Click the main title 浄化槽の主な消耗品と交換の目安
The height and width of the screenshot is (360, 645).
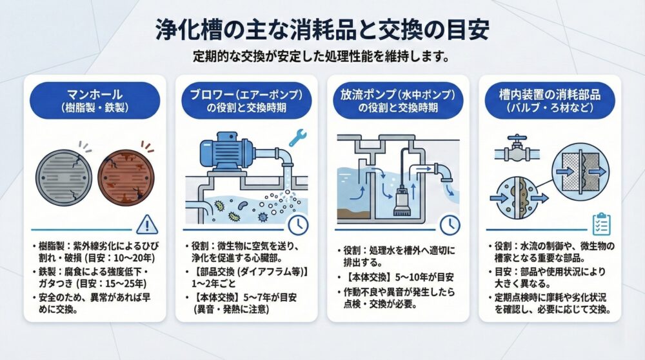[322, 30]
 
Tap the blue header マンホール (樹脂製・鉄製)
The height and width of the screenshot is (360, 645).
[95, 101]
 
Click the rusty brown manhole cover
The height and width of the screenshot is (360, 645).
[126, 177]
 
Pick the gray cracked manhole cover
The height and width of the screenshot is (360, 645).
[64, 177]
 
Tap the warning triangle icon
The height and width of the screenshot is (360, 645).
[147, 225]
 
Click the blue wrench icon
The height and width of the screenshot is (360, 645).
[298, 138]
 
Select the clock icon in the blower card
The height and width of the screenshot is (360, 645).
[298, 225]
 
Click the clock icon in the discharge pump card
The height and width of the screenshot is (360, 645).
[450, 225]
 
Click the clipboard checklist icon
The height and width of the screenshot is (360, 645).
[601, 225]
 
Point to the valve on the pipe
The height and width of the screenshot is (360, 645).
[517, 150]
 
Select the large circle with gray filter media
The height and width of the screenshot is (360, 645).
[581, 172]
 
